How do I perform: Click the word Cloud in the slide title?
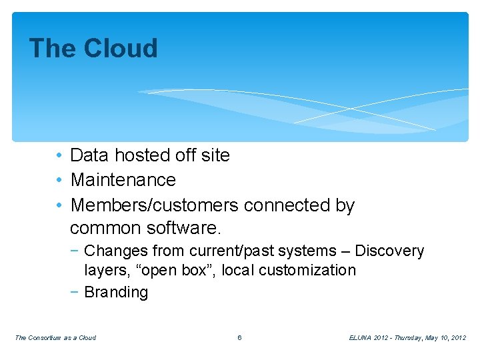pos(120,49)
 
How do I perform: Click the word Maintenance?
pos(123,180)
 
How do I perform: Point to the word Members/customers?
pos(155,205)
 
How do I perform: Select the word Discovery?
pos(389,251)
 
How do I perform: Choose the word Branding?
pos(116,293)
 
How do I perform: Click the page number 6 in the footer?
pos(239,338)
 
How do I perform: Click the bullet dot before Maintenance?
pos(59,181)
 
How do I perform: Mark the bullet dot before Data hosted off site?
pos(59,156)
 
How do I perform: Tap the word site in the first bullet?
pos(215,155)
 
